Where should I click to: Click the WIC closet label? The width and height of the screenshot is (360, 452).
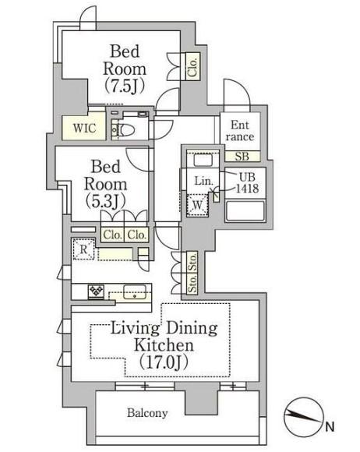[84, 128]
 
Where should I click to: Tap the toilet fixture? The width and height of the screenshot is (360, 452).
[126, 129]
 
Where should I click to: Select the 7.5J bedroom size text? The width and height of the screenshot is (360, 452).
[124, 87]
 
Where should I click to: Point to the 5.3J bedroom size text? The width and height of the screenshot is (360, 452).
[106, 202]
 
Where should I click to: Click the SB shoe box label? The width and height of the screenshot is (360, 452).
[242, 157]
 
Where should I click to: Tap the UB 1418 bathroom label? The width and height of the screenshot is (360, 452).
[247, 182]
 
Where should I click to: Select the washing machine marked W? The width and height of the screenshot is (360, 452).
[197, 205]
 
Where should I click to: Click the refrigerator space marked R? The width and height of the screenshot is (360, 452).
[83, 249]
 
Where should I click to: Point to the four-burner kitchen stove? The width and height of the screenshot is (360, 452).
[97, 291]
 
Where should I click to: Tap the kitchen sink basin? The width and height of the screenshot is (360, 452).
[134, 291]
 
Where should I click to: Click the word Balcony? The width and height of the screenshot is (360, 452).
[147, 413]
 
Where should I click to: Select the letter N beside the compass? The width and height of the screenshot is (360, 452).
[330, 426]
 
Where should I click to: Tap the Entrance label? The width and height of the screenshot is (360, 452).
[240, 131]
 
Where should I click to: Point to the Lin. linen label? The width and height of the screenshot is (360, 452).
[203, 181]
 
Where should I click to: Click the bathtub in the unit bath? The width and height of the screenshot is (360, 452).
[245, 210]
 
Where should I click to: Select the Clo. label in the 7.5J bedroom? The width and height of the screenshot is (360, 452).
[192, 67]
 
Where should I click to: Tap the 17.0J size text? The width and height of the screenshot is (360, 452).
[164, 362]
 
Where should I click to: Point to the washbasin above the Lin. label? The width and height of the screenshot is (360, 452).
[203, 160]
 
